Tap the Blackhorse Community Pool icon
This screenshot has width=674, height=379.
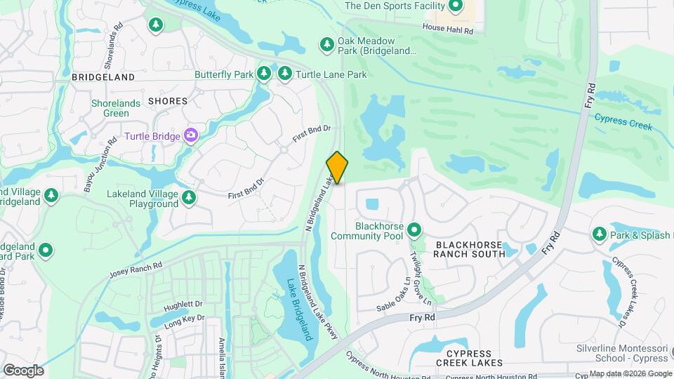pyautogui.click(x=414, y=230)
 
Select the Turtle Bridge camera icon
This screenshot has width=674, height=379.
pyautogui.click(x=190, y=135)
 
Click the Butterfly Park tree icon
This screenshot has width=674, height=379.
pyautogui.click(x=264, y=73)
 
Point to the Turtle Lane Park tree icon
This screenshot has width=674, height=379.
pyautogui.click(x=285, y=73)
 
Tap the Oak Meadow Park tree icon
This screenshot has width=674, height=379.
pyautogui.click(x=326, y=45)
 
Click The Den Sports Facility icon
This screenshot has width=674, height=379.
pyautogui.click(x=455, y=7)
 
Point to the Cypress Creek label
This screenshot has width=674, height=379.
pyautogui.click(x=623, y=122)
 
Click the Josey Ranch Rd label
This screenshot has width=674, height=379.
pyautogui.click(x=136, y=269)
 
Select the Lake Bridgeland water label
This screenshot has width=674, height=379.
pyautogui.click(x=299, y=309)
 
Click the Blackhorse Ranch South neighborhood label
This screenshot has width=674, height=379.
pyautogui.click(x=468, y=248)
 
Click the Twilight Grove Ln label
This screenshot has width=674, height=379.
pyautogui.click(x=422, y=279)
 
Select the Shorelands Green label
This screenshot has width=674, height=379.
pyautogui.click(x=110, y=108)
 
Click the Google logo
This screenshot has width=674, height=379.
pyautogui.click(x=23, y=370)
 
